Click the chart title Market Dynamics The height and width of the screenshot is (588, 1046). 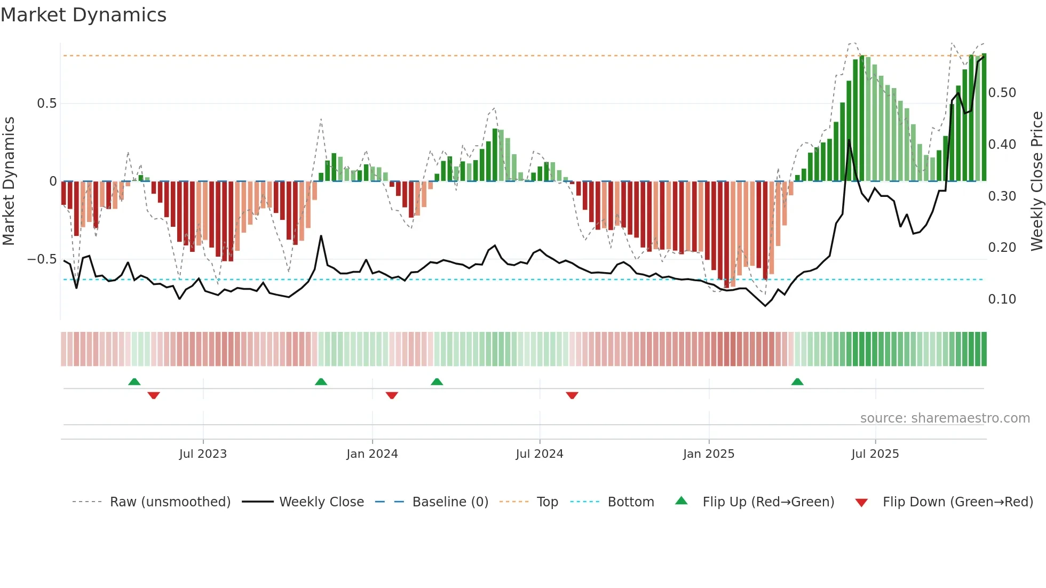(83, 15)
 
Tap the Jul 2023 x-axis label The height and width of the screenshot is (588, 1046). (203, 454)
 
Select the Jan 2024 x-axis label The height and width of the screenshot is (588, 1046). (372, 454)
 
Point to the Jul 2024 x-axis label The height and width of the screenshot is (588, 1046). (539, 454)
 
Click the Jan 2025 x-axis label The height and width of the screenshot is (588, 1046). (709, 454)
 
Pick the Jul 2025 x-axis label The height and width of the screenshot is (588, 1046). (875, 454)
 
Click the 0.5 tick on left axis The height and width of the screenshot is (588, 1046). (46, 104)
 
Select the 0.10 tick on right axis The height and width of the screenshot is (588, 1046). (1002, 299)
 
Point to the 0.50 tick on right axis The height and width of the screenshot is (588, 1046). (1002, 93)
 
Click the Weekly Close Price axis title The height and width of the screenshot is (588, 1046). (1036, 181)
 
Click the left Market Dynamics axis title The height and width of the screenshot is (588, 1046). (9, 181)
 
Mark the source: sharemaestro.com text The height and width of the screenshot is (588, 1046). (945, 418)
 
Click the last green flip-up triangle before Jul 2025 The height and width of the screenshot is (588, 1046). (797, 382)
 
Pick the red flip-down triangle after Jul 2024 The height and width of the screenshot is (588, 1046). (572, 395)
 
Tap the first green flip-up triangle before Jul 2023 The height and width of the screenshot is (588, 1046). (134, 382)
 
